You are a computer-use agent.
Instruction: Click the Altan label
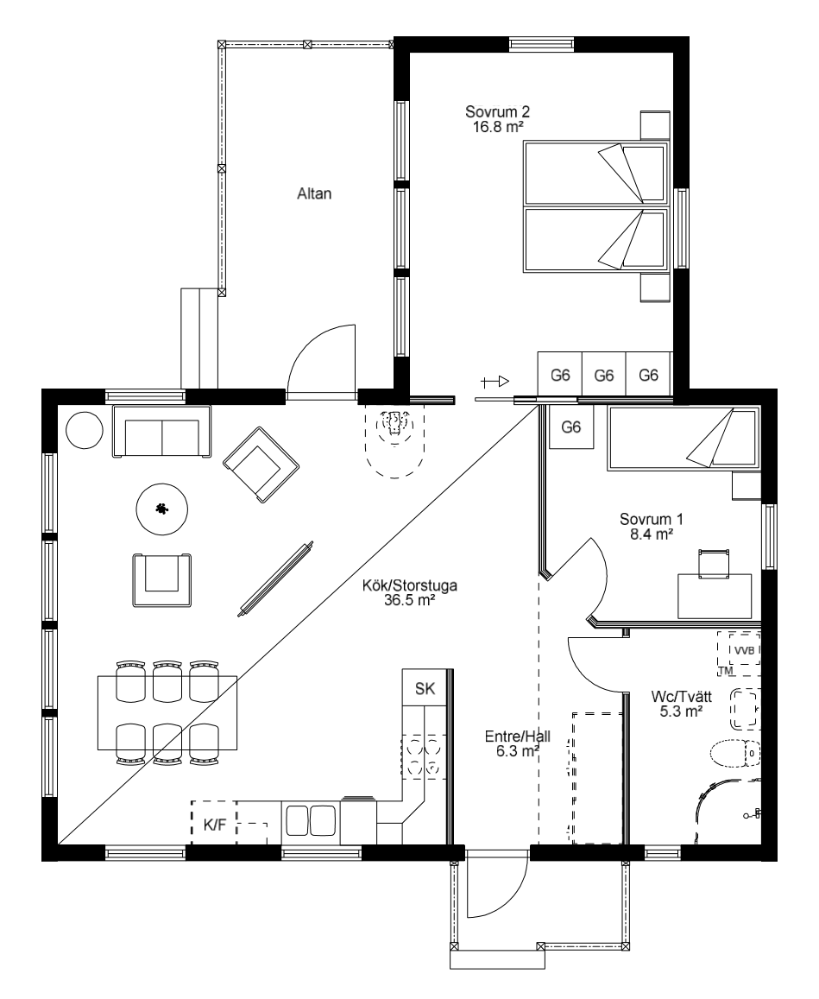[314, 193]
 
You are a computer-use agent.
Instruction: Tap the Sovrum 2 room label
[497, 119]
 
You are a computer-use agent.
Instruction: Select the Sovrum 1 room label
[652, 527]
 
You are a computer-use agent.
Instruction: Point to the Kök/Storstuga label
[409, 592]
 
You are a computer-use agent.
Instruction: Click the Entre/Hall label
[518, 743]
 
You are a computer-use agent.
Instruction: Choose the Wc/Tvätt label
[681, 704]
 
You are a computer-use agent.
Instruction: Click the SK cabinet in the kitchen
[425, 688]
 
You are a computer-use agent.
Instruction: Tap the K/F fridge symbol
[215, 823]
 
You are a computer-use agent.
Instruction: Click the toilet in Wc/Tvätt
[735, 754]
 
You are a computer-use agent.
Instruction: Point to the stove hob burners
[424, 756]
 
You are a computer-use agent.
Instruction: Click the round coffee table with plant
[162, 509]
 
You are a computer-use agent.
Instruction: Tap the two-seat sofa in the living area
[161, 431]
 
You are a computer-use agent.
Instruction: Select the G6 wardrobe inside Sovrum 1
[571, 427]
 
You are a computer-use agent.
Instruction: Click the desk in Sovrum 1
[715, 596]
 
